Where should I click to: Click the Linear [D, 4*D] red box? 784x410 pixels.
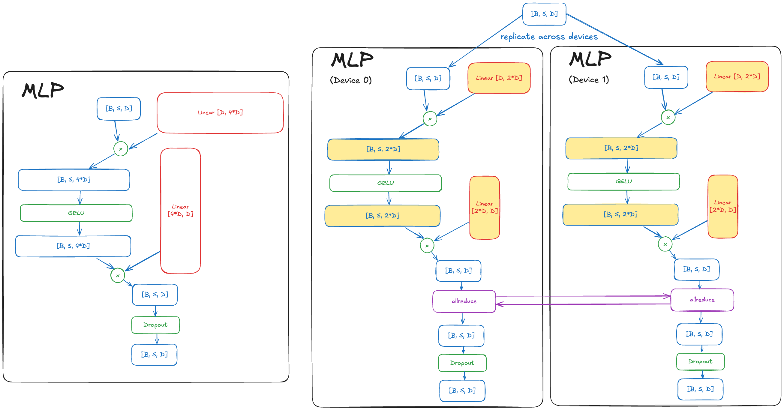click(x=220, y=113)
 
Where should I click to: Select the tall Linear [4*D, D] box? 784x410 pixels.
click(x=181, y=211)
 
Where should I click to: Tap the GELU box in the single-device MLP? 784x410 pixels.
click(x=76, y=213)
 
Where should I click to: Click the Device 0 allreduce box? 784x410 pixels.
click(x=464, y=301)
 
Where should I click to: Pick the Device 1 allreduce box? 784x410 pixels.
click(x=702, y=300)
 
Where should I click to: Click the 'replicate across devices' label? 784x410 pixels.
click(x=549, y=37)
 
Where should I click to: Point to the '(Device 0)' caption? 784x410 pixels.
click(x=351, y=80)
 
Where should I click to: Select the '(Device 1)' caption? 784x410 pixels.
click(x=589, y=80)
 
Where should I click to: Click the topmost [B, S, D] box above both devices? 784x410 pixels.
click(x=544, y=14)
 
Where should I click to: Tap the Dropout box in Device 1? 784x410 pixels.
click(x=700, y=361)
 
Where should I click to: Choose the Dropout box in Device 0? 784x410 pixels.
click(x=462, y=363)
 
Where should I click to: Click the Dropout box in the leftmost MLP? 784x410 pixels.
click(x=155, y=325)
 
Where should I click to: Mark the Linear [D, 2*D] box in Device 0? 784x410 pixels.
click(x=499, y=78)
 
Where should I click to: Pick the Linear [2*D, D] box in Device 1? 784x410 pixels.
click(x=722, y=206)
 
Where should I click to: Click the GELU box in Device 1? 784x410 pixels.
click(x=623, y=181)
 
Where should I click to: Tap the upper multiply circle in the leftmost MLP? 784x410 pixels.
click(x=121, y=149)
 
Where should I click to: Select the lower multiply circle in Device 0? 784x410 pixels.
click(x=427, y=246)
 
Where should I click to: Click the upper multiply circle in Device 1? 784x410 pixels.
click(x=668, y=118)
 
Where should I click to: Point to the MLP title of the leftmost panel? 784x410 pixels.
click(x=43, y=90)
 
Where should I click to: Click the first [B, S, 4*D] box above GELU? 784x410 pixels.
click(x=74, y=180)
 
